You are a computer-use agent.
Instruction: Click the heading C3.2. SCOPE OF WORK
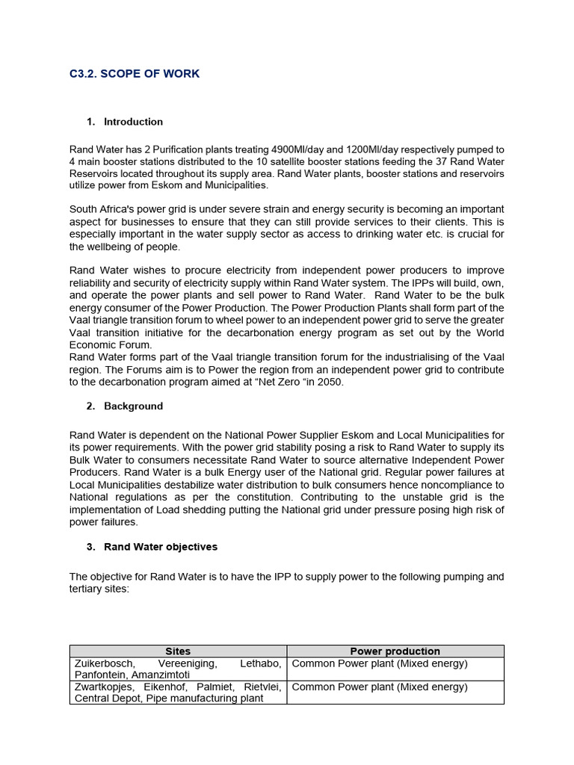tap(135, 74)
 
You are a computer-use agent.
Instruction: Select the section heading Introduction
tap(133, 122)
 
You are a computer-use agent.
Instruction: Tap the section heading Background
tap(133, 406)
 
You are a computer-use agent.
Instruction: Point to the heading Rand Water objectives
tap(161, 547)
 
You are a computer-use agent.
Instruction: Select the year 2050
tap(333, 382)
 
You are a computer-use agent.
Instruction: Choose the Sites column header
tap(178, 651)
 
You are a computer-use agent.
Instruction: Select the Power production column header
tap(395, 651)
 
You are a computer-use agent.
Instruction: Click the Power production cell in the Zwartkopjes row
tap(380, 687)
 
